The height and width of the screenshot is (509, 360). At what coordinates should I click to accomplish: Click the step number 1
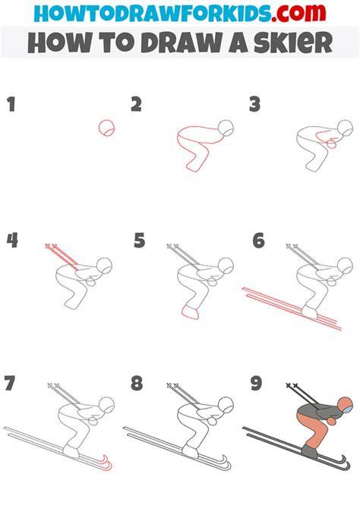(x=11, y=105)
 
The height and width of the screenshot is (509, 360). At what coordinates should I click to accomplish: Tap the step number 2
(x=137, y=105)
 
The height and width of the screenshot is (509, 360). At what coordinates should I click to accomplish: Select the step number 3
(x=255, y=105)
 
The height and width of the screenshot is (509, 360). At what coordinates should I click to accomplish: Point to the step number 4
(x=12, y=241)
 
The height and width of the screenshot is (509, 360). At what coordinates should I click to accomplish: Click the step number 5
(x=139, y=241)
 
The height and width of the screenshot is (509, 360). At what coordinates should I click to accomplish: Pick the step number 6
(x=259, y=241)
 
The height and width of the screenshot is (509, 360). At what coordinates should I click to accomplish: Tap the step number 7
(x=10, y=383)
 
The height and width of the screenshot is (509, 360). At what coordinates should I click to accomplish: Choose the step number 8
(x=137, y=383)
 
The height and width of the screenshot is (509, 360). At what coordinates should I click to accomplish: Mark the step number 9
(x=256, y=383)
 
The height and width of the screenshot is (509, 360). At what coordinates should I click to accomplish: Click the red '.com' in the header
(x=298, y=13)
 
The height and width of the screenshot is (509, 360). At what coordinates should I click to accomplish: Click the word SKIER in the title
(x=293, y=43)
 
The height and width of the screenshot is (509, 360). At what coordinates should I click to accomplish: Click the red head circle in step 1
(x=106, y=128)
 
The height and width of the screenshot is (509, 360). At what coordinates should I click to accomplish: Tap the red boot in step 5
(x=191, y=312)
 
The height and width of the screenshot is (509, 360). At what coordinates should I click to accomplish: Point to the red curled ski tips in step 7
(x=107, y=463)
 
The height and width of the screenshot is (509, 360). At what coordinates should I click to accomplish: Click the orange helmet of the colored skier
(x=344, y=405)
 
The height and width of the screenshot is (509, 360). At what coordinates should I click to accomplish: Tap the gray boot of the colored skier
(x=309, y=451)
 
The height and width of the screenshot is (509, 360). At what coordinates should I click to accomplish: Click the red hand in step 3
(x=332, y=143)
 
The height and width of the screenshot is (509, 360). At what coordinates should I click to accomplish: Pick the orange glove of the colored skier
(x=332, y=421)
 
